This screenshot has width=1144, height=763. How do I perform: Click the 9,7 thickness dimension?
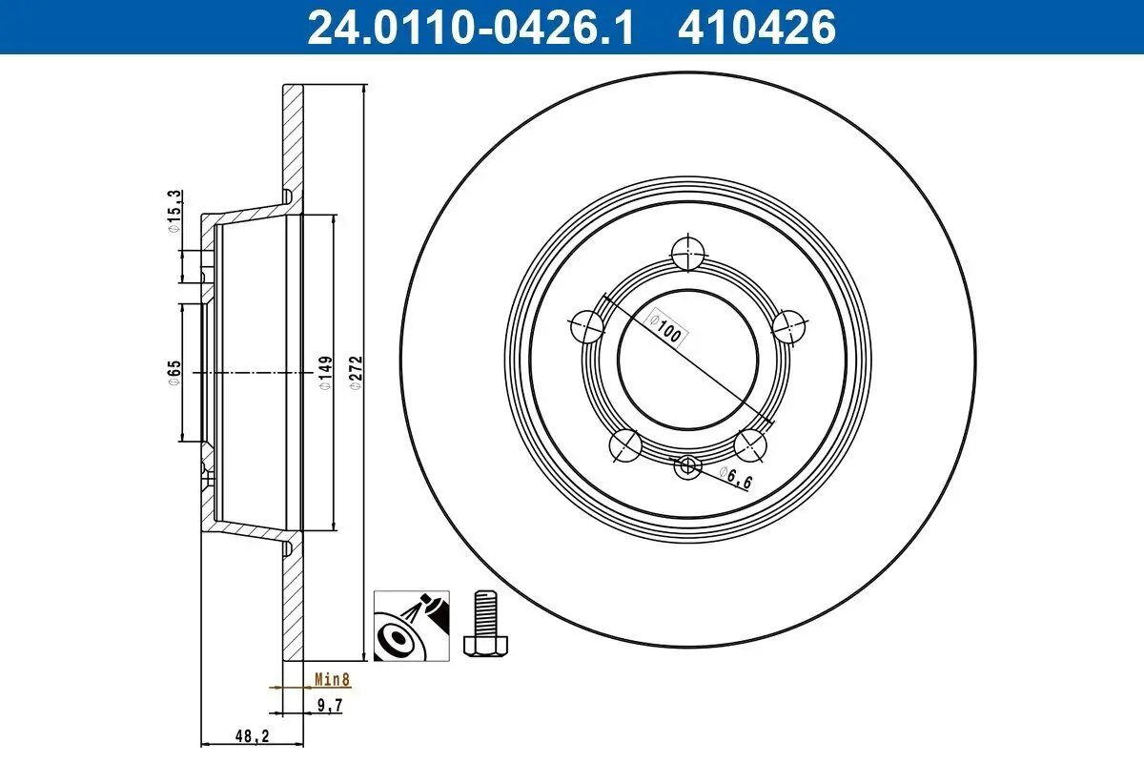click(x=327, y=707)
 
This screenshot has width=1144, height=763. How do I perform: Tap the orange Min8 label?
click(x=333, y=681)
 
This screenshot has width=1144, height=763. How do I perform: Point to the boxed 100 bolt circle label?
click(x=668, y=327)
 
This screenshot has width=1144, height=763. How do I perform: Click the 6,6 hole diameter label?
click(x=736, y=478)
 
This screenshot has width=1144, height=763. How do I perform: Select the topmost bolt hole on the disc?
click(x=687, y=255)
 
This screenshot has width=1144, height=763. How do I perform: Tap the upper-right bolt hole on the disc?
click(x=789, y=328)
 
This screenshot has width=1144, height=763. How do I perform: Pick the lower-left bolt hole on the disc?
click(x=624, y=444)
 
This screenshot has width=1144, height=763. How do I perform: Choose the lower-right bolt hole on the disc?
click(x=751, y=443)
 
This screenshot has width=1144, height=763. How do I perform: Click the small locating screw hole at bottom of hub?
click(x=687, y=466)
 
